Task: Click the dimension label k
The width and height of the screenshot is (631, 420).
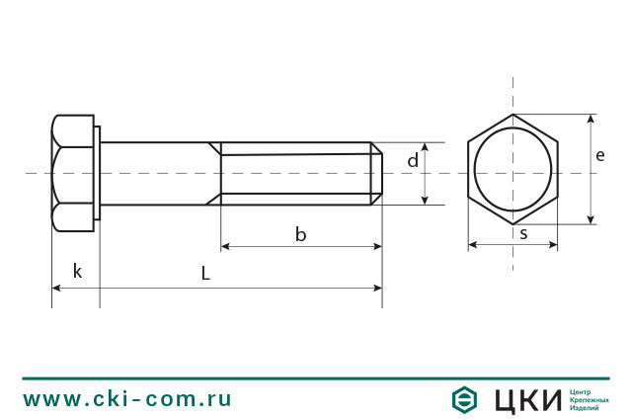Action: [x=77, y=271]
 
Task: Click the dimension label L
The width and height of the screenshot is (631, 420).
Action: [x=205, y=274]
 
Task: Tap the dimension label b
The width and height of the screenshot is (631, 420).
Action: [x=300, y=234]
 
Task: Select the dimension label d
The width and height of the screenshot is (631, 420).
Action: [x=413, y=160]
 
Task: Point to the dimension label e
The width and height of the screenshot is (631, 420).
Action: [x=600, y=155]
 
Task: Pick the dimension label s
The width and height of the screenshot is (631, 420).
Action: [x=522, y=234]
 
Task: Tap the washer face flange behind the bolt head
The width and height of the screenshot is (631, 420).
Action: [x=97, y=174]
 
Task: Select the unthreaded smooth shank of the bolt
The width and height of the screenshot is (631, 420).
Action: [x=158, y=174]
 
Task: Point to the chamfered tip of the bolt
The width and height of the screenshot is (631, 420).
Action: [x=376, y=174]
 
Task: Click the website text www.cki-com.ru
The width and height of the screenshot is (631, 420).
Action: [x=127, y=399]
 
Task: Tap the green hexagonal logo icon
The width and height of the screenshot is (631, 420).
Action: [x=465, y=399]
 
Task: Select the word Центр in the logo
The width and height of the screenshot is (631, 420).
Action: [x=582, y=391]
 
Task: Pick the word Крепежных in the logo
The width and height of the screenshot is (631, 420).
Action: [x=589, y=399]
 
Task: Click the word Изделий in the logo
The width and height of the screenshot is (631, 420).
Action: [x=586, y=408]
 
